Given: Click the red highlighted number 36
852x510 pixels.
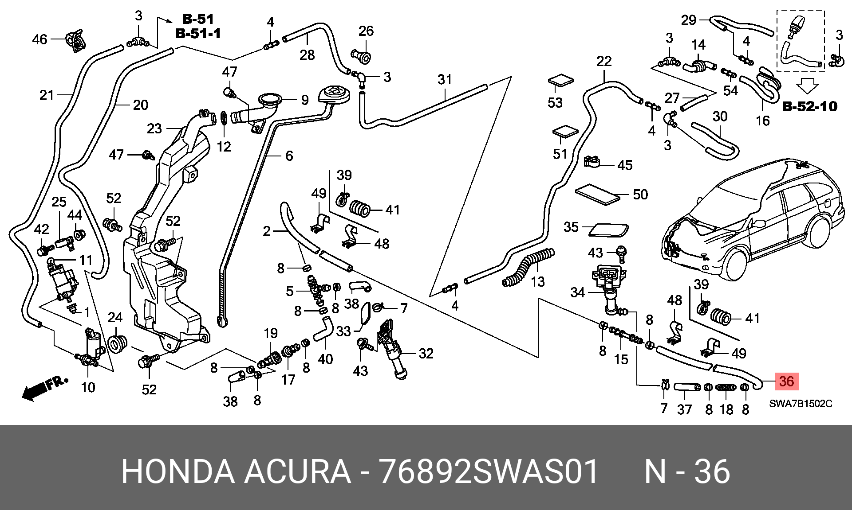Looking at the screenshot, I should [786, 381].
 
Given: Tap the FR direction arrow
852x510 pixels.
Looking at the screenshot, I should [45, 388].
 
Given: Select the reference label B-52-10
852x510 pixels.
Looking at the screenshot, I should [809, 106].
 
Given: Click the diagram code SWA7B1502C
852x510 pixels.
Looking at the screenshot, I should [801, 404].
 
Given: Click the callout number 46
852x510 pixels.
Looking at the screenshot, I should [39, 39].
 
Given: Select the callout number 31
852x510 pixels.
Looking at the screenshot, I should [445, 79].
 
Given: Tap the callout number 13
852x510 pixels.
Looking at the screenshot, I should [538, 281].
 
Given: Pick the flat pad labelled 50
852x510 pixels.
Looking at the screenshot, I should [597, 194].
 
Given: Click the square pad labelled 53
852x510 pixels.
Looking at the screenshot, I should [561, 82].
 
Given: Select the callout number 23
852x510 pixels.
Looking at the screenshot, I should [154, 128].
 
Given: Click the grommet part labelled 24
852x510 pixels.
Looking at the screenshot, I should [118, 344].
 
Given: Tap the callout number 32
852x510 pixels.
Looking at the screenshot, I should [426, 353].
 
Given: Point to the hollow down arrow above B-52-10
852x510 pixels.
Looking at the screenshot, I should [808, 86].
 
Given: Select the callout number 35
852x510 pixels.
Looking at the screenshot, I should [571, 227].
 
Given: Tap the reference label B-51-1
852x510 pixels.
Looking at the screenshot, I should [198, 33].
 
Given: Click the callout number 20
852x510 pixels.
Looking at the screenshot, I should [140, 105].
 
